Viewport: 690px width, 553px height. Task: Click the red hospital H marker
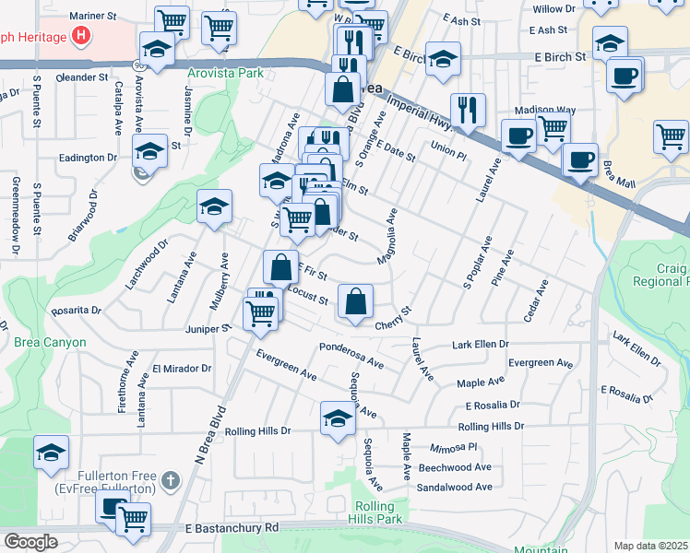[82, 38]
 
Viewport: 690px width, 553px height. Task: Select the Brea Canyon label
[50, 342]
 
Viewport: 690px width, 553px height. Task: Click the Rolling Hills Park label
[378, 513]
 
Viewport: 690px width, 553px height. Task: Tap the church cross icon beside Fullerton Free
[170, 480]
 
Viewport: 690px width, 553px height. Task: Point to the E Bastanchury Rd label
[232, 528]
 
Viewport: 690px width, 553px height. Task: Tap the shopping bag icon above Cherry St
[355, 301]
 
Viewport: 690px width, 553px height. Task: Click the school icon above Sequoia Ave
[338, 419]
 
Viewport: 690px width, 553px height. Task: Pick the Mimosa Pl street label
[454, 447]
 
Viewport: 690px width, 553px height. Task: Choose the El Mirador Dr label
[182, 368]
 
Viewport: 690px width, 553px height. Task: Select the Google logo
[30, 542]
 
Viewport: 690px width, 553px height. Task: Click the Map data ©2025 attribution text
[651, 546]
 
